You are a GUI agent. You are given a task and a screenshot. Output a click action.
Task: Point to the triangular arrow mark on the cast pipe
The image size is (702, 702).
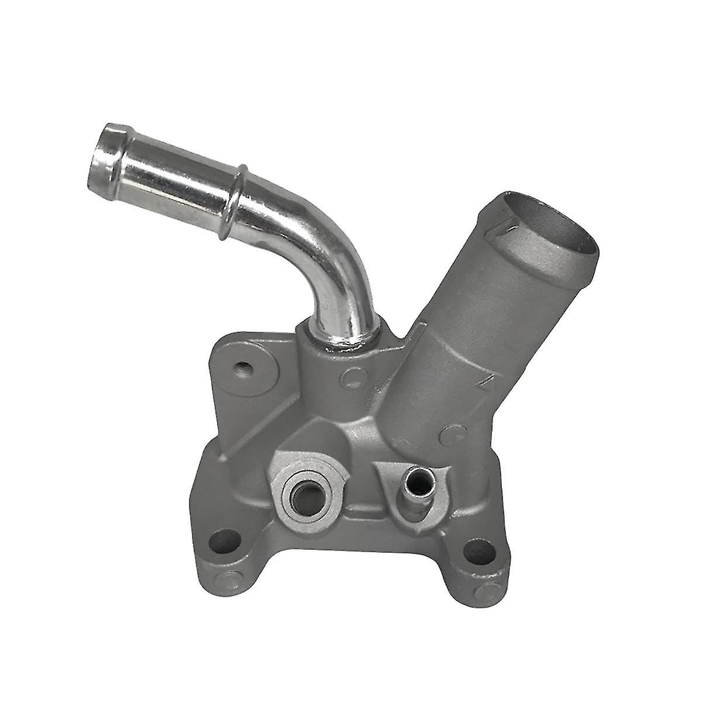click(x=483, y=383)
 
